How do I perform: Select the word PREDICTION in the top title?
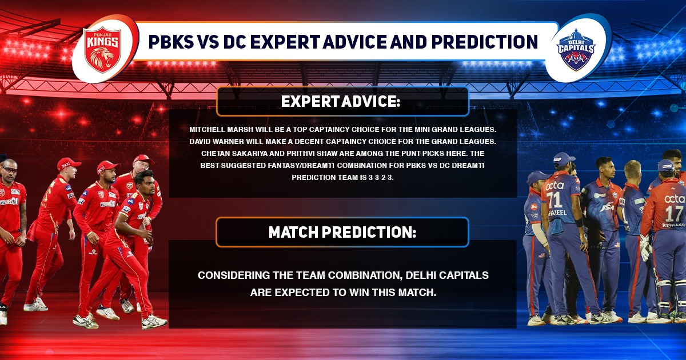[x=485, y=42]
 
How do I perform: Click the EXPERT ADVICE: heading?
[x=341, y=102]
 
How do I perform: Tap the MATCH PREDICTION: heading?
[x=342, y=232]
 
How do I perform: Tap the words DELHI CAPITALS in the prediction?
[x=447, y=275]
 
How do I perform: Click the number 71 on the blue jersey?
[x=555, y=199]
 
